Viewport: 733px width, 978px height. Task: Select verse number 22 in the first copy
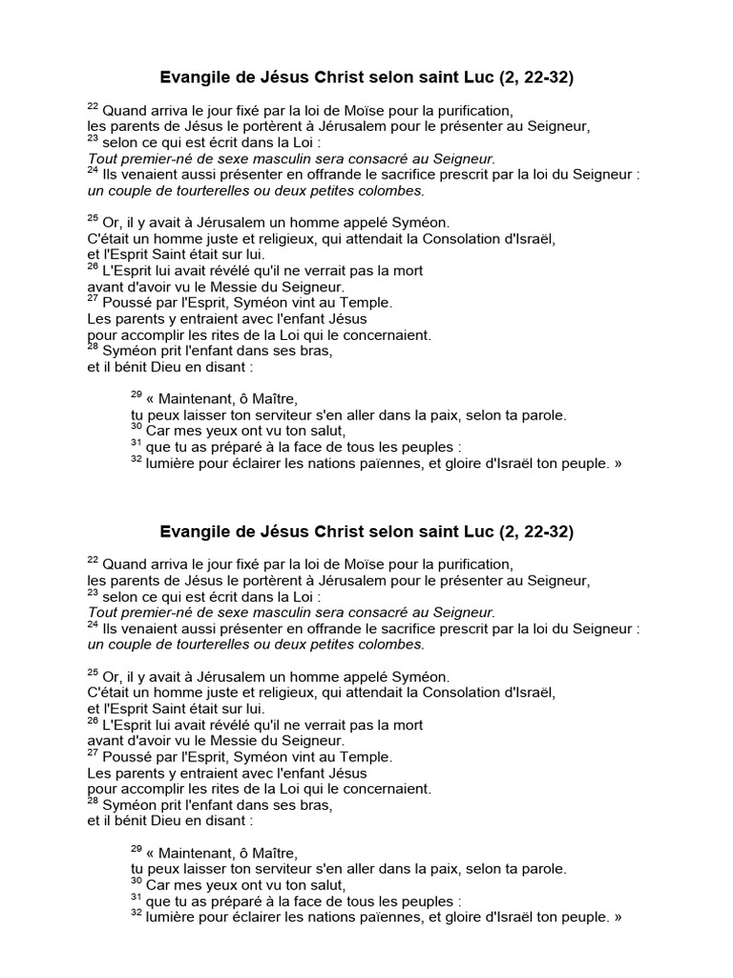pyautogui.click(x=93, y=105)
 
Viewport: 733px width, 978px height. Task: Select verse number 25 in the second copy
pyautogui.click(x=93, y=670)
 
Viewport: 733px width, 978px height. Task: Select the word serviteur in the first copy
pyautogui.click(x=291, y=415)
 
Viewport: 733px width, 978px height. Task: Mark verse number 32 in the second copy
pyautogui.click(x=136, y=913)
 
